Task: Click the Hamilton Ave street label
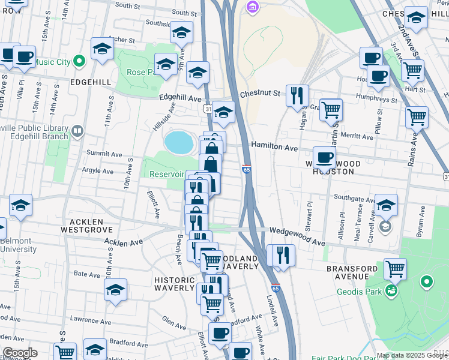pyautogui.click(x=274, y=146)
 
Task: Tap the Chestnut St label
pyautogui.click(x=261, y=94)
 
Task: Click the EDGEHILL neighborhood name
pyautogui.click(x=90, y=82)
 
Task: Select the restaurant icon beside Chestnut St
pyautogui.click(x=297, y=95)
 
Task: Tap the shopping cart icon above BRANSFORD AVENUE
pyautogui.click(x=395, y=269)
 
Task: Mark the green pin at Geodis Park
pyautogui.click(x=427, y=281)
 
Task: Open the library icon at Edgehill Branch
pyautogui.click(x=77, y=131)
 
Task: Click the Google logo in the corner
pyautogui.click(x=19, y=353)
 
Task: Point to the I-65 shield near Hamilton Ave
pyautogui.click(x=246, y=170)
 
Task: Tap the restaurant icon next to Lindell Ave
pyautogui.click(x=283, y=255)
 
